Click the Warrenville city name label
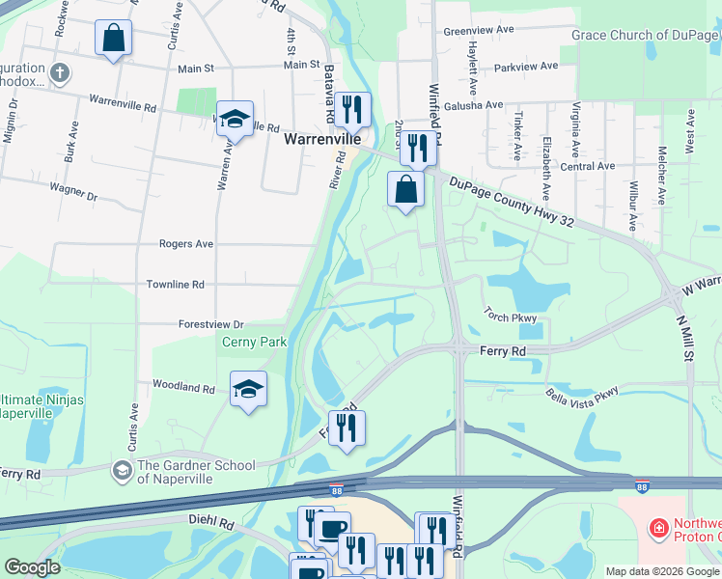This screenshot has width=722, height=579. (x=320, y=139)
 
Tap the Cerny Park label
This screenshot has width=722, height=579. (x=255, y=342)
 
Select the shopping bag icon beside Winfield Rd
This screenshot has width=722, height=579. (x=406, y=189)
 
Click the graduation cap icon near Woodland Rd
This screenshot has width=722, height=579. (x=249, y=390)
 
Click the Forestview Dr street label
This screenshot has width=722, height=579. (x=211, y=325)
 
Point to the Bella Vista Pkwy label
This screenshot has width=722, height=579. (x=581, y=393)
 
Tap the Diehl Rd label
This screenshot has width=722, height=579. (x=212, y=524)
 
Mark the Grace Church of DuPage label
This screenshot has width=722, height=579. (x=646, y=36)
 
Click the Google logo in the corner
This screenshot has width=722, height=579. (x=32, y=567)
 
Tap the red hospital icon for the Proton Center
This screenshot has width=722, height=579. (x=658, y=528)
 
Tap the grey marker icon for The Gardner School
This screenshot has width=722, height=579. (x=122, y=470)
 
